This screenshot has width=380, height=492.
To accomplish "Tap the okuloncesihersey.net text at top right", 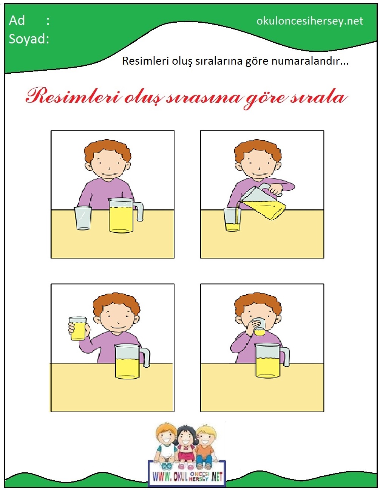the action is [310, 21].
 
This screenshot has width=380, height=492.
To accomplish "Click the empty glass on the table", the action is [83, 218].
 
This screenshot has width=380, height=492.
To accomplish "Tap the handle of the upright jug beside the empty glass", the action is [139, 212].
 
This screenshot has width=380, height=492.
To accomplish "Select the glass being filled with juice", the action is [232, 219].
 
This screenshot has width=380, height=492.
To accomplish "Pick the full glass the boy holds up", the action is [78, 328].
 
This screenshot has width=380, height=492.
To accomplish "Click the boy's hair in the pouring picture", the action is [258, 150].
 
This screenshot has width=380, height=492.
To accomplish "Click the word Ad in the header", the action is [17, 21].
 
